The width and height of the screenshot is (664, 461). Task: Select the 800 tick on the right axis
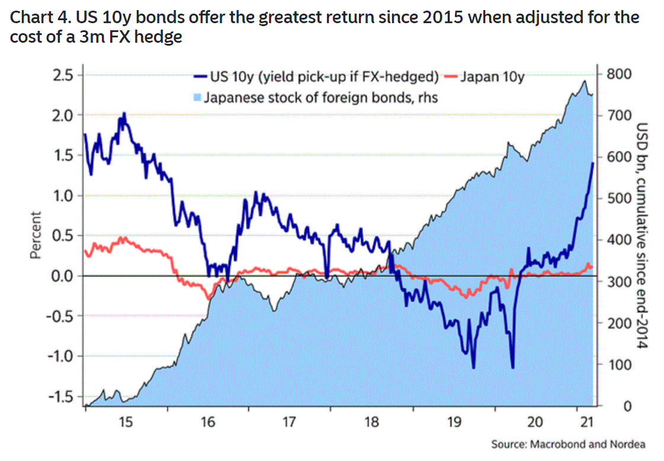(x=618, y=74)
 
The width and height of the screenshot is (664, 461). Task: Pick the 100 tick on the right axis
(x=618, y=365)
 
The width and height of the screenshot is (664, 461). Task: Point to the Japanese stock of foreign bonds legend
(x=320, y=97)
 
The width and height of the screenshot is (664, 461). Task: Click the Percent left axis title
(x=35, y=236)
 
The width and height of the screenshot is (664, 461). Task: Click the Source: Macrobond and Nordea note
(x=568, y=444)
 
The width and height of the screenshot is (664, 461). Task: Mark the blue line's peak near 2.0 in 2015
(x=124, y=113)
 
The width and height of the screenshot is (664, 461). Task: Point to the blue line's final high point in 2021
(x=593, y=163)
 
